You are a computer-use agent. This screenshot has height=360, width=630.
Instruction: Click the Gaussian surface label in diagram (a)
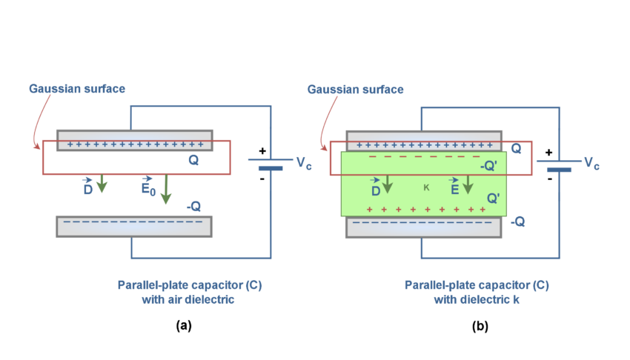point(77,89)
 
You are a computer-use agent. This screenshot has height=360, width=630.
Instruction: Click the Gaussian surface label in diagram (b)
point(355,89)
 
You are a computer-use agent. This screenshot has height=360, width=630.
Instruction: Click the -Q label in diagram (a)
point(193,207)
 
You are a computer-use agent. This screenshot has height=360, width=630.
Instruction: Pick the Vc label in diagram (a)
point(304,164)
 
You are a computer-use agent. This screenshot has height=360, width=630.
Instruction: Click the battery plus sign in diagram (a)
point(262,151)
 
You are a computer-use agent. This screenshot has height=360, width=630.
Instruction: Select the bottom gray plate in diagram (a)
point(134,226)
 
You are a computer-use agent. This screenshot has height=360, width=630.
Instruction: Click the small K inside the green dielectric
point(426,188)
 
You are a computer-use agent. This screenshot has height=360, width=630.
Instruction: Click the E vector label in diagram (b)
point(454,189)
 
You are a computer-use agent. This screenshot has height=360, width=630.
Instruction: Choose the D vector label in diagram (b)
point(376,189)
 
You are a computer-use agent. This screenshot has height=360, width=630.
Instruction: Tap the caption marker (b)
point(477,325)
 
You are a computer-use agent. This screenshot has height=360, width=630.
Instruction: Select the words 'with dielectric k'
point(477,300)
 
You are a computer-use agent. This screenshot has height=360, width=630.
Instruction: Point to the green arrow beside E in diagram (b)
point(468,185)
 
